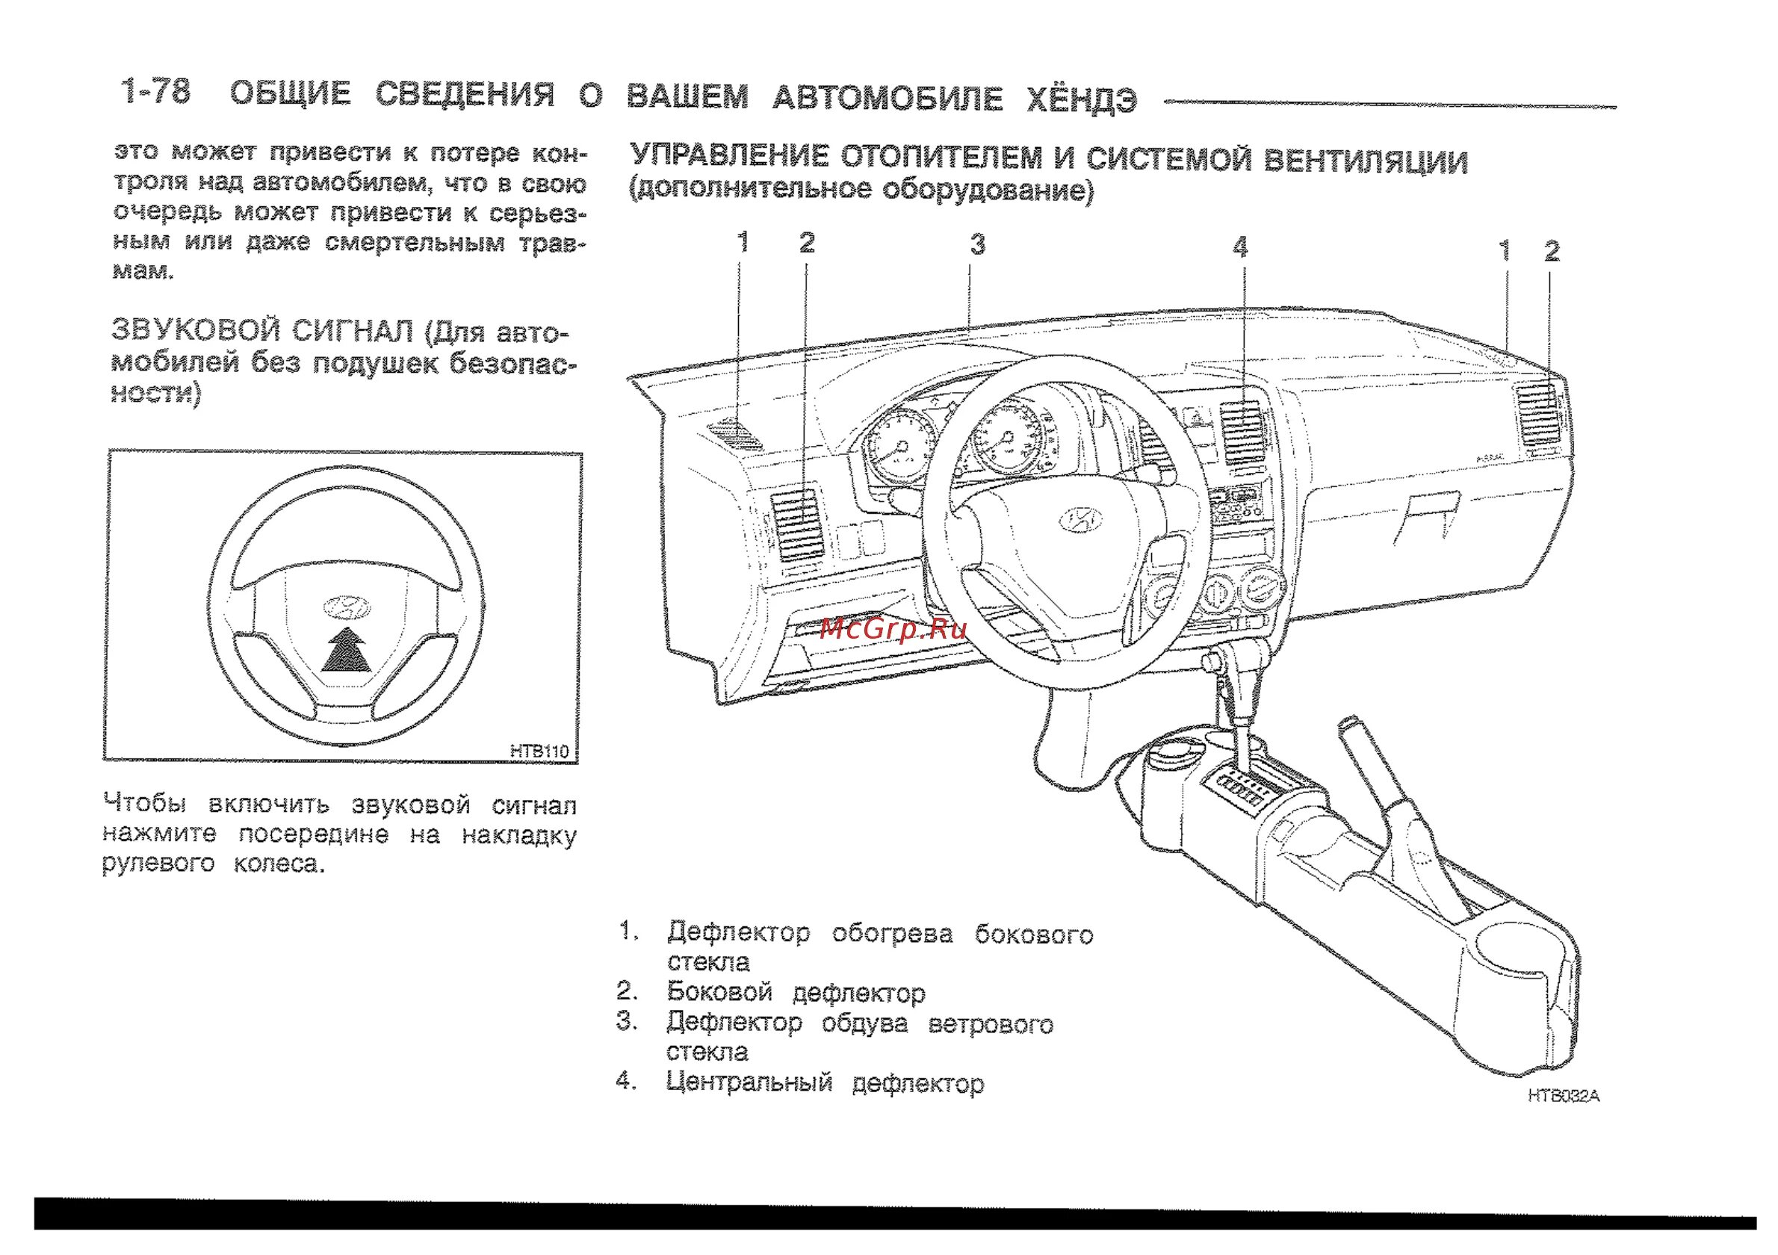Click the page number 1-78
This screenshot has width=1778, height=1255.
click(155, 91)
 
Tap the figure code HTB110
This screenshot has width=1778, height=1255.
click(539, 750)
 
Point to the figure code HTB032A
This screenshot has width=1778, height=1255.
click(1563, 1097)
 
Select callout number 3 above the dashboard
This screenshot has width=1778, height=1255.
click(978, 245)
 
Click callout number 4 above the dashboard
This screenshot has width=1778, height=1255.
click(1241, 248)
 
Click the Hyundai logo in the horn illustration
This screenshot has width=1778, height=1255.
click(346, 609)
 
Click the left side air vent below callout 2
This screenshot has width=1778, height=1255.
click(797, 524)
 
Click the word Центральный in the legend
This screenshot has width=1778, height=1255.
click(749, 1082)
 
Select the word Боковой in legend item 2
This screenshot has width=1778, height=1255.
click(719, 992)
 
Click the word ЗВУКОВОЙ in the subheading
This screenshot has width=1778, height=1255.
click(195, 331)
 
